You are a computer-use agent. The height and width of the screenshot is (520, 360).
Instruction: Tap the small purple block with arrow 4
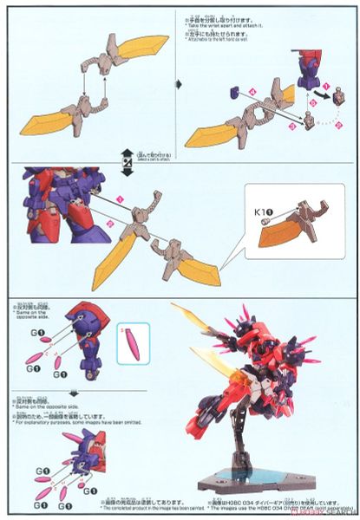click(235, 91)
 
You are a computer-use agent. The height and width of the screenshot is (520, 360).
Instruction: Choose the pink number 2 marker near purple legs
click(109, 223)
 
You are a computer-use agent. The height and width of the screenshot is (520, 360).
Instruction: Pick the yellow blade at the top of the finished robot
click(200, 316)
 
